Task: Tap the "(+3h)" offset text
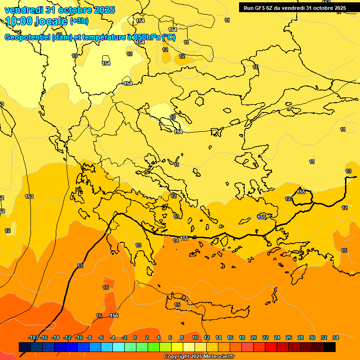click(x=79, y=21)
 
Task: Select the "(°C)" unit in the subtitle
click(x=169, y=37)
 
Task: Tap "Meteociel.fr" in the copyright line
click(x=218, y=357)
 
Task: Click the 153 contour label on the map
click(x=29, y=196)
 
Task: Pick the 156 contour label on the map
click(x=114, y=315)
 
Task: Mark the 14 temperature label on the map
click(x=176, y=240)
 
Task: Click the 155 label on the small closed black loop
click(x=301, y=192)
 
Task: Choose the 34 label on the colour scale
click(x=336, y=337)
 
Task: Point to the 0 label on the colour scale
click(x=135, y=337)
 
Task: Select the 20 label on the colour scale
click(x=254, y=337)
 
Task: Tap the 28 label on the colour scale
click(x=300, y=337)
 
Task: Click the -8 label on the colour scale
click(x=89, y=337)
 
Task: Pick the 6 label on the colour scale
click(x=170, y=337)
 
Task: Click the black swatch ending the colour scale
click(x=330, y=347)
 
